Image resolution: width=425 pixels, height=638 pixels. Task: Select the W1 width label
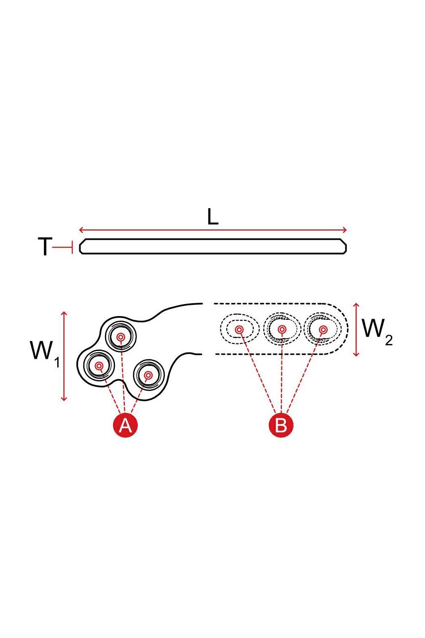45,353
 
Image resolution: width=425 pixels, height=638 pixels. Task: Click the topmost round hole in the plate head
121,337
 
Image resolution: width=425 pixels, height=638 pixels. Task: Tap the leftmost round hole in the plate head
99,366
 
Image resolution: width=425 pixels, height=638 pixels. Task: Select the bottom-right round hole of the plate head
149,375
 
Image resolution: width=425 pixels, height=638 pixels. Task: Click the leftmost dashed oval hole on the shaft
240,329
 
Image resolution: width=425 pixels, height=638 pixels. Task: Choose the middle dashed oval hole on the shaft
282,329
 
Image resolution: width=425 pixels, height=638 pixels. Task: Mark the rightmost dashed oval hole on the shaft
323,329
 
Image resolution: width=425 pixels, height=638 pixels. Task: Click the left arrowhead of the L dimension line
81,230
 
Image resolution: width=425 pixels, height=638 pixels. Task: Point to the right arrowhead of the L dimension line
345,230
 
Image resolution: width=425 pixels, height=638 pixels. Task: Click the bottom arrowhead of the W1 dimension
64,398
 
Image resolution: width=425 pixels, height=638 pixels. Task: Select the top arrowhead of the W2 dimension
356,306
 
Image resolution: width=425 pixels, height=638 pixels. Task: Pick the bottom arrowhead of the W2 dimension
356,354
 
